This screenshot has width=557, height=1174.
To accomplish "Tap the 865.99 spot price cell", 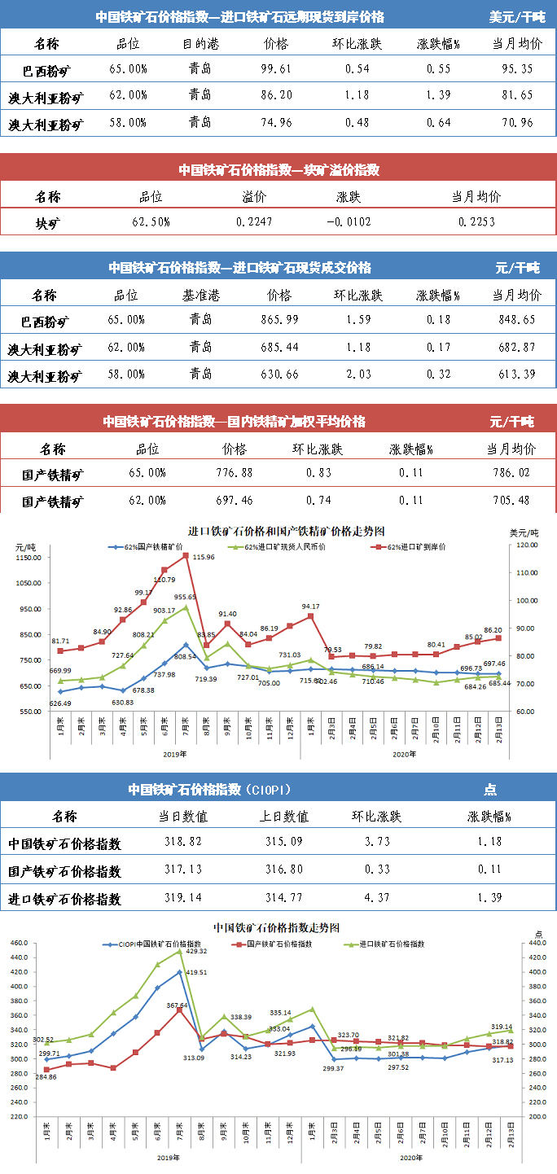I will (x=276, y=320).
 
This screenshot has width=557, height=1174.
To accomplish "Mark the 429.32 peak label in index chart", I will (x=196, y=950).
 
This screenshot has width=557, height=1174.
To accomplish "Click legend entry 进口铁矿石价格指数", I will (x=384, y=944).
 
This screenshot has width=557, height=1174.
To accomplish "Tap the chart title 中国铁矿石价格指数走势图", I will (x=275, y=928).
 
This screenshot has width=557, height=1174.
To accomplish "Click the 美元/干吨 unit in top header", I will (x=517, y=16).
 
